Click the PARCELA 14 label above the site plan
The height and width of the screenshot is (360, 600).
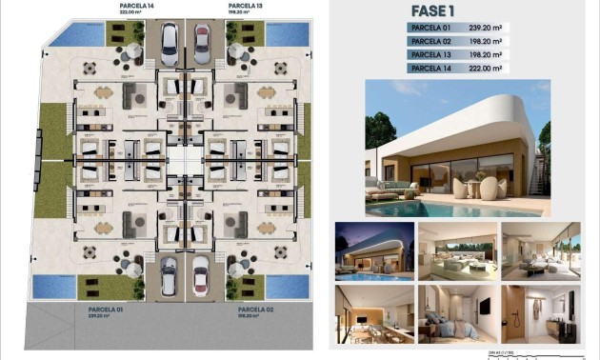[x=136, y=7]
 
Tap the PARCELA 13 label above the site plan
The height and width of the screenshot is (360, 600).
[x=246, y=7]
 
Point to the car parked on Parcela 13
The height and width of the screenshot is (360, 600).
[x=202, y=42]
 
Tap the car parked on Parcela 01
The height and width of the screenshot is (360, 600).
[x=169, y=276]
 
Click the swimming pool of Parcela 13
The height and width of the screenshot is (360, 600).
[x=282, y=34]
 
